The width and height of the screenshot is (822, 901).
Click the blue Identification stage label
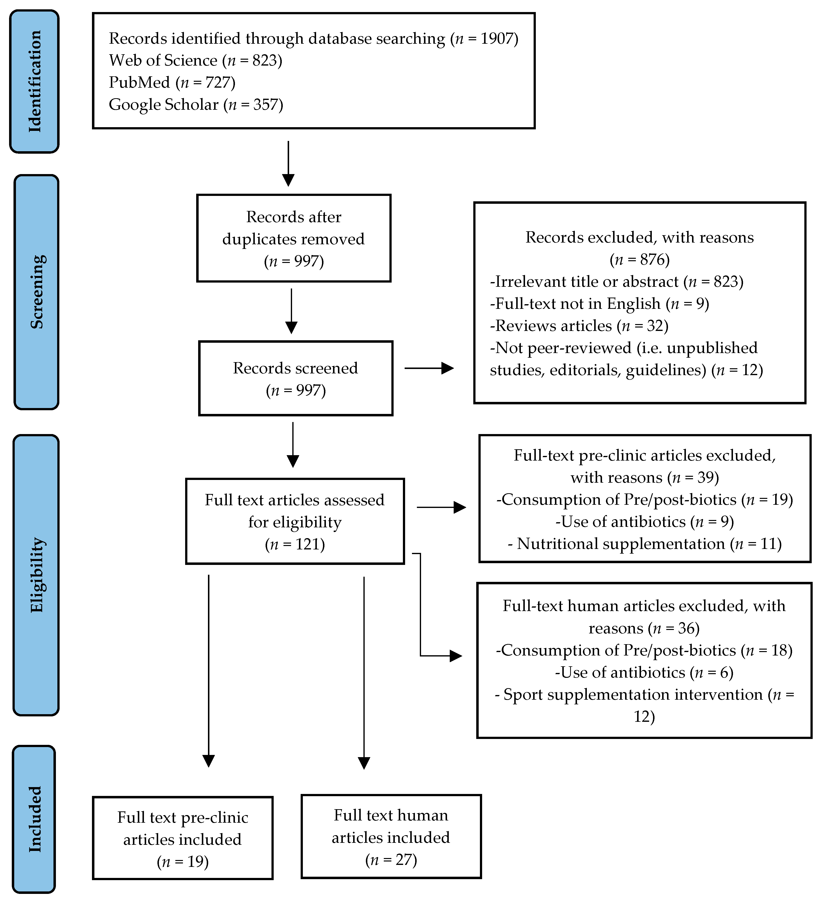click(x=34, y=81)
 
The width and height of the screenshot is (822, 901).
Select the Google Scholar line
click(x=195, y=105)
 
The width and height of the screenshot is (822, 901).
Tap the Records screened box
click(x=295, y=379)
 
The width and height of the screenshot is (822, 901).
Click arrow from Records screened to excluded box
click(x=429, y=368)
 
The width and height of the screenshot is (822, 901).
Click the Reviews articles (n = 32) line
click(x=579, y=326)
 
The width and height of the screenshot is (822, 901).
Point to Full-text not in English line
click(x=599, y=304)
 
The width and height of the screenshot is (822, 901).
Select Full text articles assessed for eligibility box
click(x=295, y=521)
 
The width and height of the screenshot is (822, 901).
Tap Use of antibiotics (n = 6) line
click(x=644, y=673)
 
